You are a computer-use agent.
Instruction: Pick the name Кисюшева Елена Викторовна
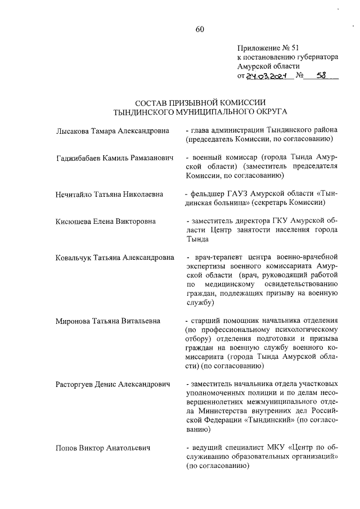pos(106,222)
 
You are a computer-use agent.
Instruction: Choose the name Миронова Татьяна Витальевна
pos(108,321)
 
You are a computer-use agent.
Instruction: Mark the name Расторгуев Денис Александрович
pos(112,384)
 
